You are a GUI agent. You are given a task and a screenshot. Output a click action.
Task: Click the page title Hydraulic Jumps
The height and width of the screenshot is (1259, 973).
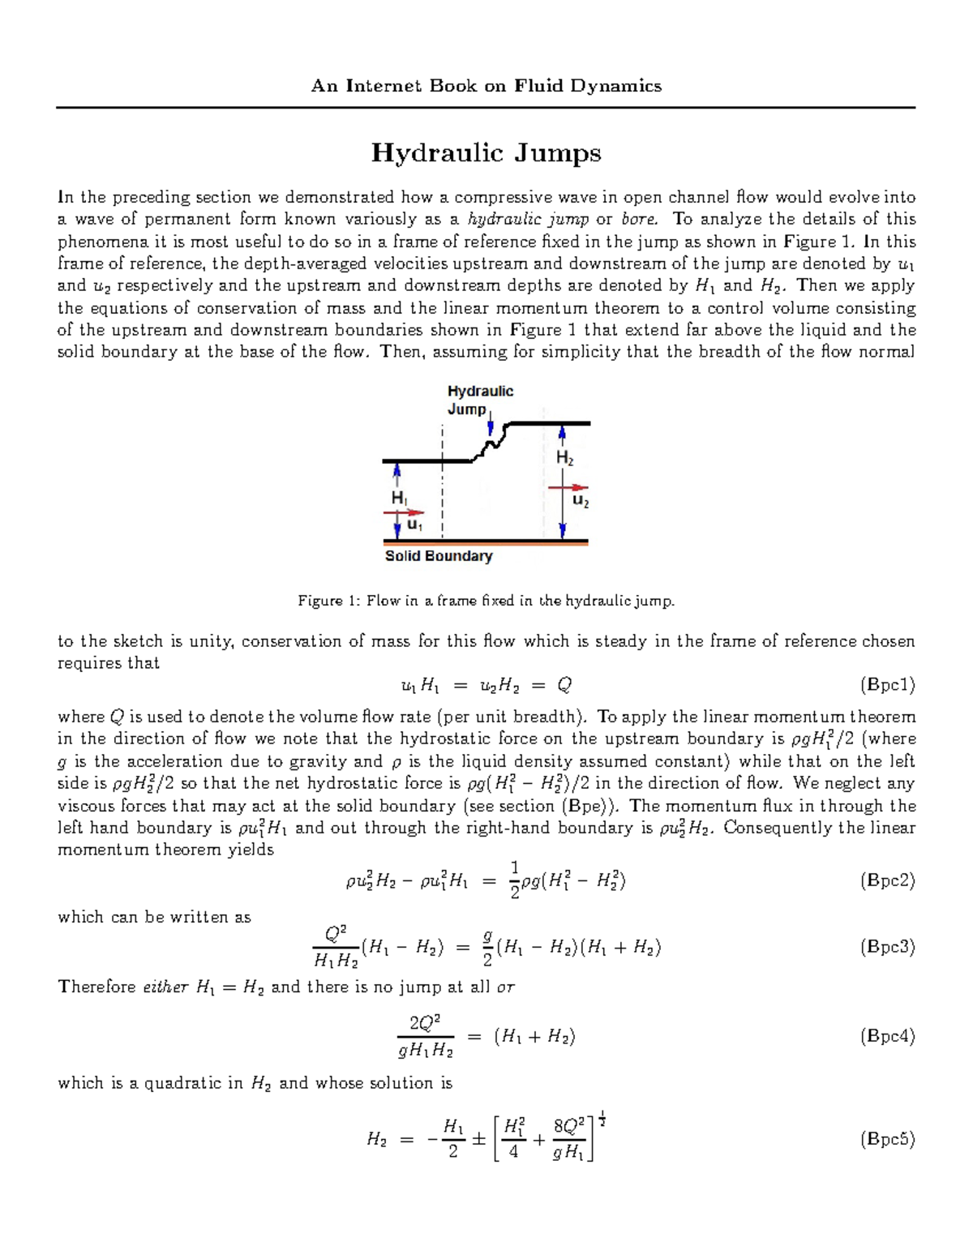click(486, 152)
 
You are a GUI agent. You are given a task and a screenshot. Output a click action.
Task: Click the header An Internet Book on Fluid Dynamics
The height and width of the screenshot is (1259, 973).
click(486, 86)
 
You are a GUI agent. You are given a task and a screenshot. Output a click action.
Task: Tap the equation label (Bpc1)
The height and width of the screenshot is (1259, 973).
click(887, 685)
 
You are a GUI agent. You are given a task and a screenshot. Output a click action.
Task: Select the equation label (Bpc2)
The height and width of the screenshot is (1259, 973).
click(887, 881)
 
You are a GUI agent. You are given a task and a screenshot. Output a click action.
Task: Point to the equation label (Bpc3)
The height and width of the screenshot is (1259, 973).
click(887, 947)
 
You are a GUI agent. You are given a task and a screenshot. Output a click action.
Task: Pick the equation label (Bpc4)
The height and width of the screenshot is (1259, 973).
click(887, 1036)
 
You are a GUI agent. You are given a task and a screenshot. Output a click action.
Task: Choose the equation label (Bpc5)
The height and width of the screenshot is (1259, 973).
click(887, 1139)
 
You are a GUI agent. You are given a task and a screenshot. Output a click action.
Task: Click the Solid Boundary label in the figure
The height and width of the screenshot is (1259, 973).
click(439, 556)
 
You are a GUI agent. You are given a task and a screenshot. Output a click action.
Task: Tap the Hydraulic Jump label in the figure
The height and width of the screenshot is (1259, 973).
click(480, 400)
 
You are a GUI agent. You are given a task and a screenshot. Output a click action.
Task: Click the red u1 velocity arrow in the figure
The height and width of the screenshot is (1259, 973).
click(404, 512)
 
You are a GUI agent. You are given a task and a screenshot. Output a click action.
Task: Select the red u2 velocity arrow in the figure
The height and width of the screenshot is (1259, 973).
click(568, 488)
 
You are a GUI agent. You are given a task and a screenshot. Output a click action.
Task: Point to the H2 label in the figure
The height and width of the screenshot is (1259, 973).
click(564, 459)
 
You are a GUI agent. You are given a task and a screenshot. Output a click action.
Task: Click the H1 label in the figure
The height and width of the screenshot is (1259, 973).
click(400, 498)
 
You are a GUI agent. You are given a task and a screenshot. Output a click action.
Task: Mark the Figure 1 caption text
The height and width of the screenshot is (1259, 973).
click(486, 601)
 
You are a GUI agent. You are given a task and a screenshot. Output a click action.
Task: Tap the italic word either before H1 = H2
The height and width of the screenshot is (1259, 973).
click(165, 987)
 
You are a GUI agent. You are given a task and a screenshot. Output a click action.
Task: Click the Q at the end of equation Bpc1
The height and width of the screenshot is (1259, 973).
click(564, 686)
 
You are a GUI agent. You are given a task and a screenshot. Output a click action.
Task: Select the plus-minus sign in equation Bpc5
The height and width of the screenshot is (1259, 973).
click(478, 1139)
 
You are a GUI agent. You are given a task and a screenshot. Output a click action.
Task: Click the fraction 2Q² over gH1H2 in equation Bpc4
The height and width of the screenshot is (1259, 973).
click(426, 1036)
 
